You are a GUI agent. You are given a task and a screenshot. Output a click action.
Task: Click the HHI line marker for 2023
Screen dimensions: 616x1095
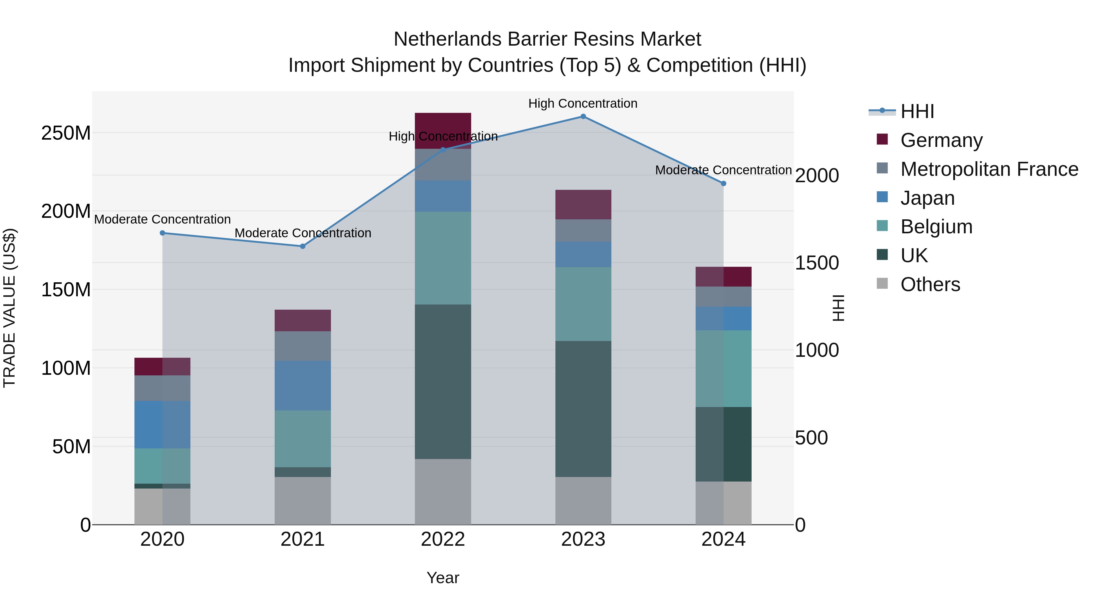coord(583,117)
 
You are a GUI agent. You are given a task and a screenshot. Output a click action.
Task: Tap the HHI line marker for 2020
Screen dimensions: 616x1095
coord(162,233)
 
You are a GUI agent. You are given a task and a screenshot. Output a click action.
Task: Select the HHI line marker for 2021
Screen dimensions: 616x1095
coord(303,246)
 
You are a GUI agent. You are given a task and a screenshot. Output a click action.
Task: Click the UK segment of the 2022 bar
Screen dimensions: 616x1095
coord(443,381)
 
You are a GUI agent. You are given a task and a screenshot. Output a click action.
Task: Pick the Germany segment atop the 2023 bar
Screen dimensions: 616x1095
coord(583,204)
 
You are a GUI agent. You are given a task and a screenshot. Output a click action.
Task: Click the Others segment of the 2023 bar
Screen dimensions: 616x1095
coord(583,500)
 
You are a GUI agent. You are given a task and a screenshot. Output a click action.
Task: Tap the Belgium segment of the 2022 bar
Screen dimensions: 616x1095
coord(443,258)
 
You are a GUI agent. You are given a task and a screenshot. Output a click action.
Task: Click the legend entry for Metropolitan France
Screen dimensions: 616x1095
coord(989,169)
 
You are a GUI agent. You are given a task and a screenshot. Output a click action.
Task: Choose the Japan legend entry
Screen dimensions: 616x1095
coord(927,198)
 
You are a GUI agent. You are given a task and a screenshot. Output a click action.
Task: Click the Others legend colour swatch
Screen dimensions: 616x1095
coord(882,284)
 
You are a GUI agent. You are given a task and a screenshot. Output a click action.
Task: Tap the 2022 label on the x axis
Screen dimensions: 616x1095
coord(443,539)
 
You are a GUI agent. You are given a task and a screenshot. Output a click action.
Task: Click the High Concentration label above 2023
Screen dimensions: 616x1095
coord(583,103)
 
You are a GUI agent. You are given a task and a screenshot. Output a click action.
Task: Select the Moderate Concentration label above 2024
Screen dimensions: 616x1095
coord(724,170)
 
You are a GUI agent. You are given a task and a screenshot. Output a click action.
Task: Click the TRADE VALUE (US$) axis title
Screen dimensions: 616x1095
coord(9,308)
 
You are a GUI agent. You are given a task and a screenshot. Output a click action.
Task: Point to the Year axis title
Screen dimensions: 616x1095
coord(443,578)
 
